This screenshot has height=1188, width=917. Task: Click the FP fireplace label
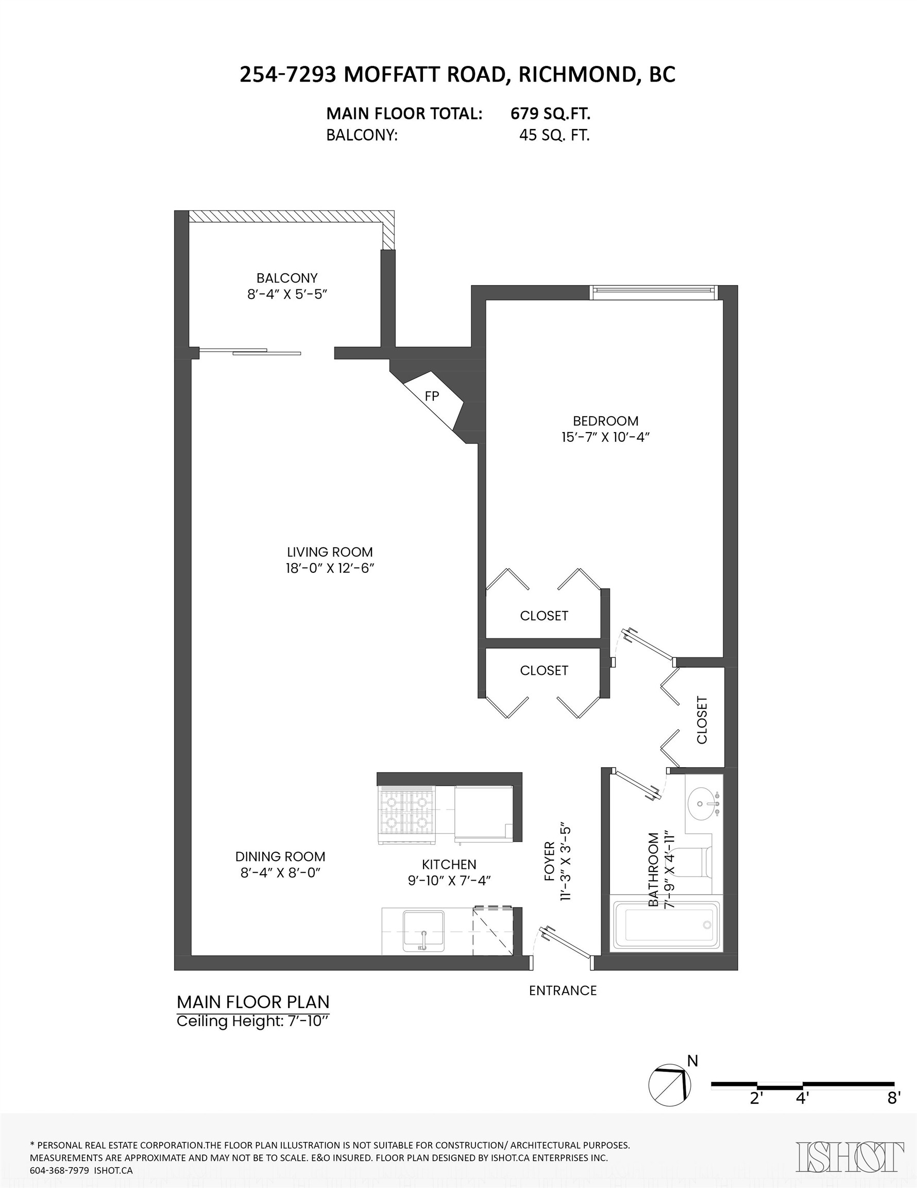coord(432,397)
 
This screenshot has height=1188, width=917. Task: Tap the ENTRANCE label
coord(563,991)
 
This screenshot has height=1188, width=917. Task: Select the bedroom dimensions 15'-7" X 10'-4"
coord(605,437)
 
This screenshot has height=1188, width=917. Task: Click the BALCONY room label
coord(286,278)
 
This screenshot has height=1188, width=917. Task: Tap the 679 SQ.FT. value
coord(550,113)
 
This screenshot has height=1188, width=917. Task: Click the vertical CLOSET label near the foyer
coord(702,720)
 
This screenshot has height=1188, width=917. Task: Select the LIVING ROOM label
coord(329,552)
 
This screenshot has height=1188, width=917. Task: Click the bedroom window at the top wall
coord(653,292)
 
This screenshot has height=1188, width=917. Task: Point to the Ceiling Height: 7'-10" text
coord(253,1021)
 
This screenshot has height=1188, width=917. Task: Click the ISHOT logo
coord(850,1156)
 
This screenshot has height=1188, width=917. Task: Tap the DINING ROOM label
coord(280,856)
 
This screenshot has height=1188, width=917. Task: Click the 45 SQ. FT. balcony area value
coord(554,136)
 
